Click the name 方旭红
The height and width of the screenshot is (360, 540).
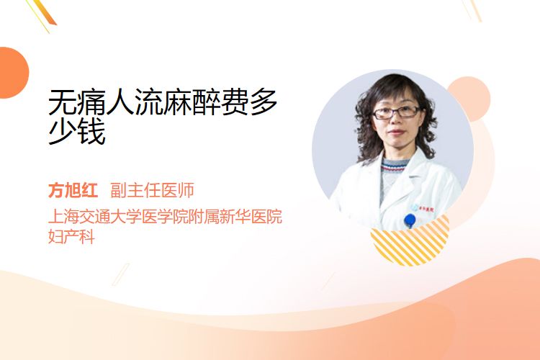pyautogui.click(x=73, y=190)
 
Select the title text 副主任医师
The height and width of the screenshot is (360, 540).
pyautogui.click(x=152, y=190)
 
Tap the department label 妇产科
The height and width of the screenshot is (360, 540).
pyautogui.click(x=71, y=236)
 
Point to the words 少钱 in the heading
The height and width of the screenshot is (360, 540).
pyautogui.click(x=77, y=132)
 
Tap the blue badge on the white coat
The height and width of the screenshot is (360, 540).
pyautogui.click(x=410, y=220)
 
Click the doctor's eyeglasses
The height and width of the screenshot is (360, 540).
pyautogui.click(x=396, y=112)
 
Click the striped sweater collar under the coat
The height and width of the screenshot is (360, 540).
pyautogui.click(x=395, y=166)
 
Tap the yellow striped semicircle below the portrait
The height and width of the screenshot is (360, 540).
pyautogui.click(x=410, y=241)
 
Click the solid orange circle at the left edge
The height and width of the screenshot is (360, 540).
pyautogui.click(x=13, y=73)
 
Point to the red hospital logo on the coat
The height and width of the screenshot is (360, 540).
pyautogui.click(x=426, y=209)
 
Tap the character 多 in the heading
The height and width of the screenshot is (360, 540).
pyautogui.click(x=264, y=102)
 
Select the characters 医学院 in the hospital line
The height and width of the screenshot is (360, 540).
pyautogui.click(x=166, y=216)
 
